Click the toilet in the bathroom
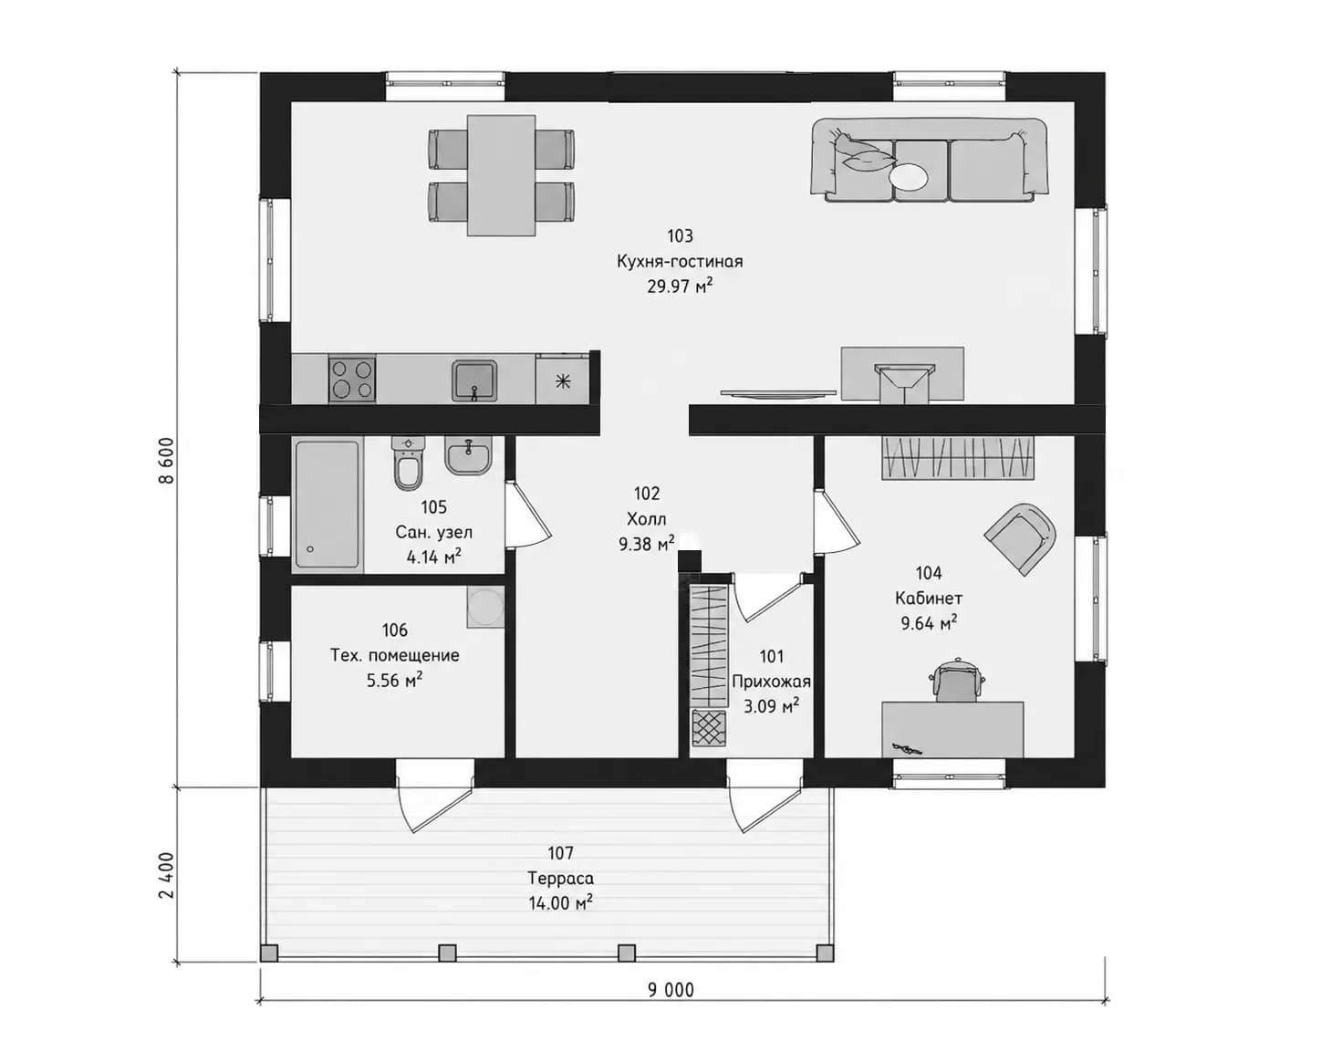408,464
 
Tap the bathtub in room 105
327,505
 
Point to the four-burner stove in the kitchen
352,379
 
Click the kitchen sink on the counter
474,380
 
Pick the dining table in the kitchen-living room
502,176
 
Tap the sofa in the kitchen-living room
929,161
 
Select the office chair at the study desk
956,681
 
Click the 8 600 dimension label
166,461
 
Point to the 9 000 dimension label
671,990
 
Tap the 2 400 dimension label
166,875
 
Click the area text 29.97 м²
681,286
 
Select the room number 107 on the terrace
560,853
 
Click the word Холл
647,519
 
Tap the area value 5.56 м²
395,680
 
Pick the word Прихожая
772,682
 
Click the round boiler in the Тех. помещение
485,607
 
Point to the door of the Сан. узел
526,515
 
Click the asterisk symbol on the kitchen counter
562,382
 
